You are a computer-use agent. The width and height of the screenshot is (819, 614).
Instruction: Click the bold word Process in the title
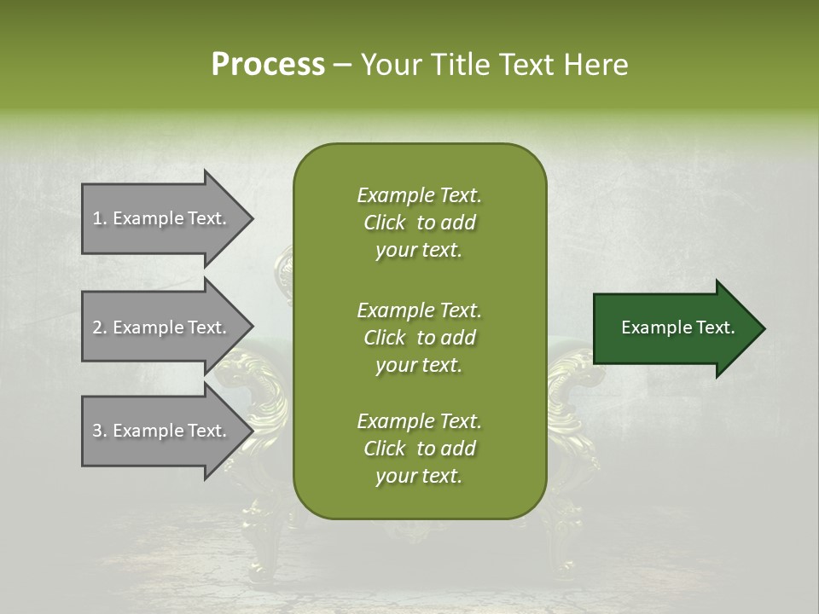tap(268, 65)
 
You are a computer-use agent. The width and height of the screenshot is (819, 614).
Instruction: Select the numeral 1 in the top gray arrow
tap(96, 218)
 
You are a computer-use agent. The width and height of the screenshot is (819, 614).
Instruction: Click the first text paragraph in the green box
tap(419, 223)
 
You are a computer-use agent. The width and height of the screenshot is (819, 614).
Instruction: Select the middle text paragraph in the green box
tap(419, 338)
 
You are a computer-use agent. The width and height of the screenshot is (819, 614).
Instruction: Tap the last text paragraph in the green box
tap(419, 449)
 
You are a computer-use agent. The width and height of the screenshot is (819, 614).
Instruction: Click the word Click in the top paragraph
tap(385, 223)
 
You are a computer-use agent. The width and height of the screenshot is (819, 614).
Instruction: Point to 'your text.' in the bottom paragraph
tap(419, 477)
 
